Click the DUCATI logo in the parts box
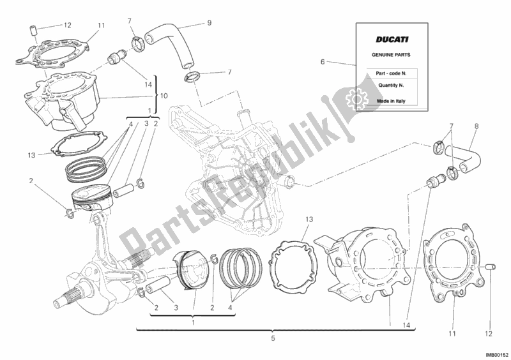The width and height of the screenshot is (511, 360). coord(383,39)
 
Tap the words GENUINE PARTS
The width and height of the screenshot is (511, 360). coord(383,56)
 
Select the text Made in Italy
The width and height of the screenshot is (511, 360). coord(383,99)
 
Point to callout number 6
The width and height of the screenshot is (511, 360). coord(323,62)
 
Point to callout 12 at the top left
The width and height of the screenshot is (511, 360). coord(68,25)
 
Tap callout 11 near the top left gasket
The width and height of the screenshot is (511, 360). coord(101,25)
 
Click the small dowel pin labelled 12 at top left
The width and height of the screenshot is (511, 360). coord(35,30)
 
